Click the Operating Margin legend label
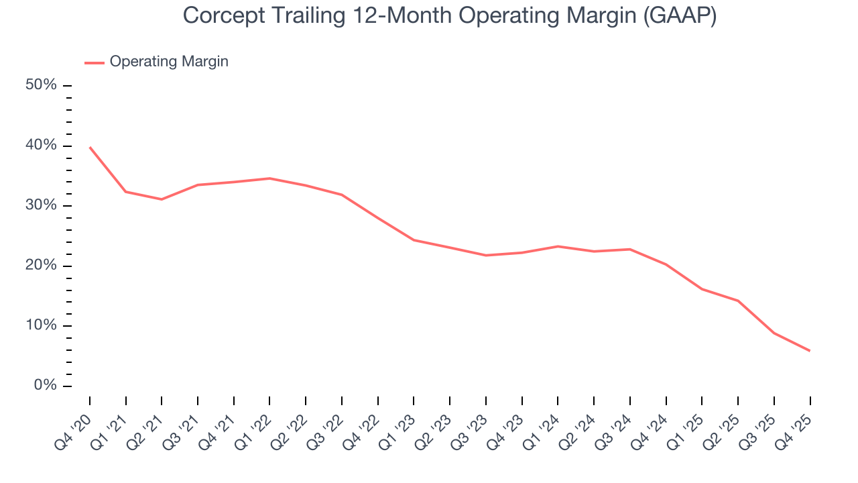pyautogui.click(x=169, y=62)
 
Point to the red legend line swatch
pyautogui.click(x=95, y=62)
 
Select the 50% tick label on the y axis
pyautogui.click(x=41, y=85)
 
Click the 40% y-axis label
pyautogui.click(x=41, y=146)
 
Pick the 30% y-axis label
pyautogui.click(x=41, y=205)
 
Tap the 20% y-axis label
pyautogui.click(x=41, y=266)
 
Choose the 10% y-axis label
pyautogui.click(x=41, y=325)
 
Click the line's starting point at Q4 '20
pyautogui.click(x=90, y=147)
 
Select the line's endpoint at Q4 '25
pyautogui.click(x=810, y=351)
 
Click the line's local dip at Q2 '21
pyautogui.click(x=162, y=199)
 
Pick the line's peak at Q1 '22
pyautogui.click(x=269, y=178)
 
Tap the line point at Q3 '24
pyautogui.click(x=630, y=250)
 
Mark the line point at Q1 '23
pyautogui.click(x=414, y=240)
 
